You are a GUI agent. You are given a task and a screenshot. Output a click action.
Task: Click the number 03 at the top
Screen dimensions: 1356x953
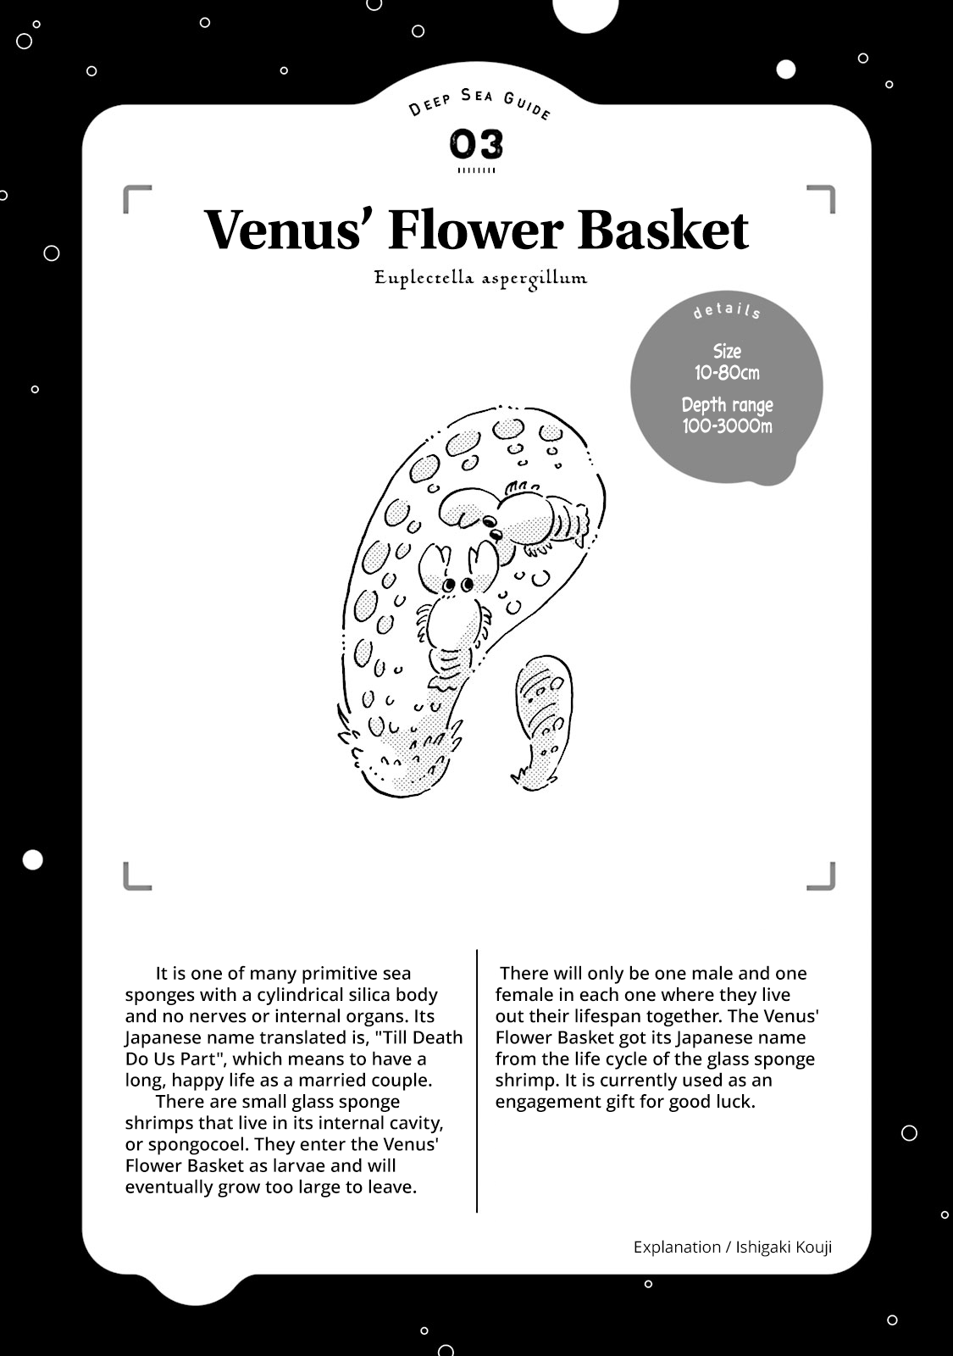[476, 145]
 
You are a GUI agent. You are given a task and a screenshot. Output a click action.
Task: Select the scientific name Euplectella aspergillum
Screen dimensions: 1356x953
[480, 278]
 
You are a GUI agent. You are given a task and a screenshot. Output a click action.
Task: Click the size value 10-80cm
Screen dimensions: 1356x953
[727, 373]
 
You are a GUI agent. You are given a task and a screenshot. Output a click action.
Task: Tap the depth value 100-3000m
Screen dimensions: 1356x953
[727, 425]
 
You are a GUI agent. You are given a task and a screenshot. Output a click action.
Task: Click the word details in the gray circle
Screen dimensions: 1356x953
[727, 311]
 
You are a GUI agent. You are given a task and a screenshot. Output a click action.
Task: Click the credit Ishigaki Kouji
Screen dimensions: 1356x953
[784, 1247]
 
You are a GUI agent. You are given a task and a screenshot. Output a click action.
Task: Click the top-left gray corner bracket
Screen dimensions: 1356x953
[136, 197]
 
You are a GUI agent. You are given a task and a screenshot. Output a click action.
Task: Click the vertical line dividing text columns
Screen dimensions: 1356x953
[477, 1081]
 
